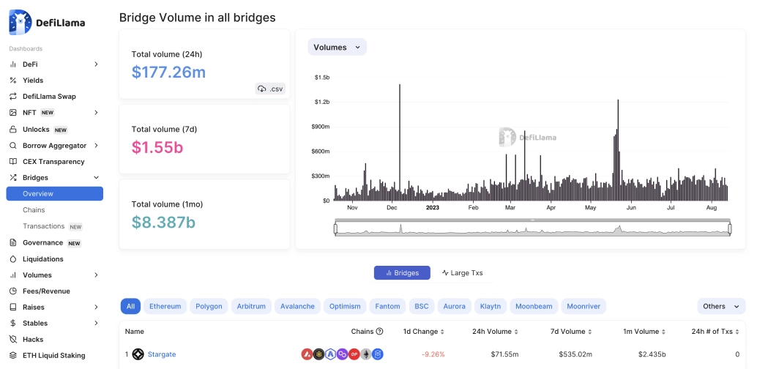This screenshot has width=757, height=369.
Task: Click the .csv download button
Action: (x=270, y=89)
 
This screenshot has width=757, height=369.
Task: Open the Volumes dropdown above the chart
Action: (x=337, y=47)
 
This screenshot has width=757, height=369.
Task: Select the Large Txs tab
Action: (x=462, y=273)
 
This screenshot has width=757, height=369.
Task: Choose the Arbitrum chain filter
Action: (x=251, y=306)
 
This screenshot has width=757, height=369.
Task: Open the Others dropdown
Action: (x=720, y=306)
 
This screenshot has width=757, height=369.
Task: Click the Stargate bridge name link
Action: (x=162, y=354)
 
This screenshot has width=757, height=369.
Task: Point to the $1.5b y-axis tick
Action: (x=322, y=77)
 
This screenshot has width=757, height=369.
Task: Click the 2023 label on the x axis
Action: (x=432, y=207)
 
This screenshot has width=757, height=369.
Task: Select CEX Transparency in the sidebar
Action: (x=53, y=161)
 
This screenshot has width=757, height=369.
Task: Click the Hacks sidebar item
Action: (x=33, y=339)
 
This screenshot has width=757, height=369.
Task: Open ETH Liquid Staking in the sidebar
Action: (x=53, y=355)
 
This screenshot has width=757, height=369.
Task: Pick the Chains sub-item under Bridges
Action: (x=34, y=210)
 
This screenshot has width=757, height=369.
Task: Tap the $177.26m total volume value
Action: (x=168, y=72)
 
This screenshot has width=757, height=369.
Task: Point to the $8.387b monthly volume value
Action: (x=163, y=222)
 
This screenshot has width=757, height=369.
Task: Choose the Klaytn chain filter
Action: (x=491, y=306)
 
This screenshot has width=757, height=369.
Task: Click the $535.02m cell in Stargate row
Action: (x=575, y=354)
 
